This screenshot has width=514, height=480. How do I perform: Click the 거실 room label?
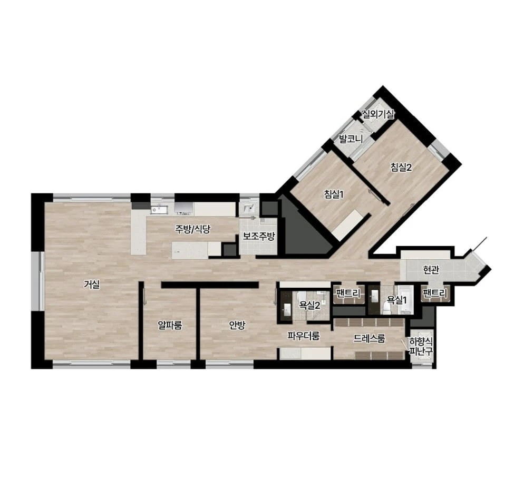tap(91, 285)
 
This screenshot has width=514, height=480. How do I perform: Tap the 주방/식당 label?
tap(192, 229)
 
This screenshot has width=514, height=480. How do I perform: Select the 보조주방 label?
tap(259, 236)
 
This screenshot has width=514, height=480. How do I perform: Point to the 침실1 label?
tap(334, 194)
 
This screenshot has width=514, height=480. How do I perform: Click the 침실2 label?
tap(401, 168)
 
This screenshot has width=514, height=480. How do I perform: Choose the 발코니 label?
tap(351, 139)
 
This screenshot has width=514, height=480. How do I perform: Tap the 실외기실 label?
tap(378, 114)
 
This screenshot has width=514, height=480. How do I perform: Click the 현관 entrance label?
tap(431, 270)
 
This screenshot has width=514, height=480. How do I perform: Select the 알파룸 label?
tap(170, 325)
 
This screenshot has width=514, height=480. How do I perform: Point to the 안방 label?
tap(237, 325)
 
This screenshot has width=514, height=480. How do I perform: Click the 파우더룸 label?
tap(304, 336)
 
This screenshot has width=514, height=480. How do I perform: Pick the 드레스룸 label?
tap(370, 338)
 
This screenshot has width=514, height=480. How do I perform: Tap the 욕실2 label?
tap(309, 306)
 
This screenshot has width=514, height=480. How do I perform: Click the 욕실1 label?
tap(396, 299)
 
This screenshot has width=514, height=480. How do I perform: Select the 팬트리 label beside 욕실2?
tap(348, 292)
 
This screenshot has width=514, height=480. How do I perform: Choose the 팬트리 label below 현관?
tap(435, 293)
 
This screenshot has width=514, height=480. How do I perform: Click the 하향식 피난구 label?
tap(421, 346)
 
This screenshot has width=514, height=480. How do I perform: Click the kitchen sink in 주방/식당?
tap(159, 209)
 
